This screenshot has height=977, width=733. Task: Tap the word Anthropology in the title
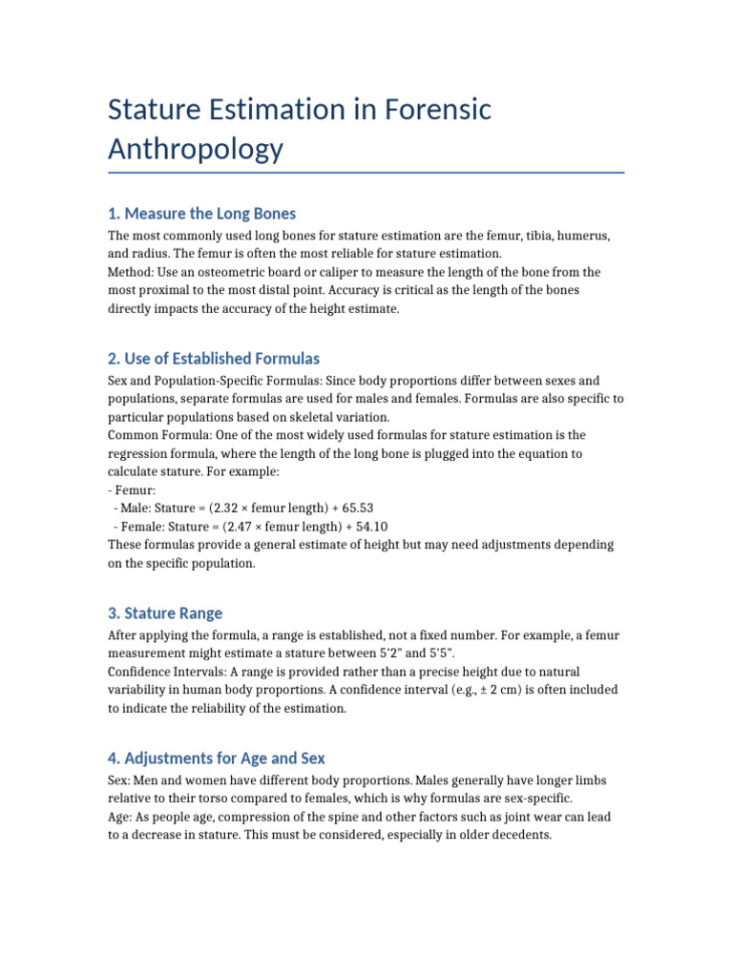[x=196, y=149]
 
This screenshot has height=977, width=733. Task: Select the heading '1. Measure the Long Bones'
[x=201, y=213]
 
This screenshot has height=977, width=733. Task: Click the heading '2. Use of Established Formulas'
[x=214, y=359]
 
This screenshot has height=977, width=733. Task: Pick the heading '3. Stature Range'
[x=165, y=613]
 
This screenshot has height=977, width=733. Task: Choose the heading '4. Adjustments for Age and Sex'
[x=217, y=759]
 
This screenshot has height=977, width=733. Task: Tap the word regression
[x=143, y=454]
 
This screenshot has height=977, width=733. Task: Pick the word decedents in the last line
[x=518, y=835]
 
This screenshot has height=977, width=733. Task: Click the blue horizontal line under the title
[x=366, y=173]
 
